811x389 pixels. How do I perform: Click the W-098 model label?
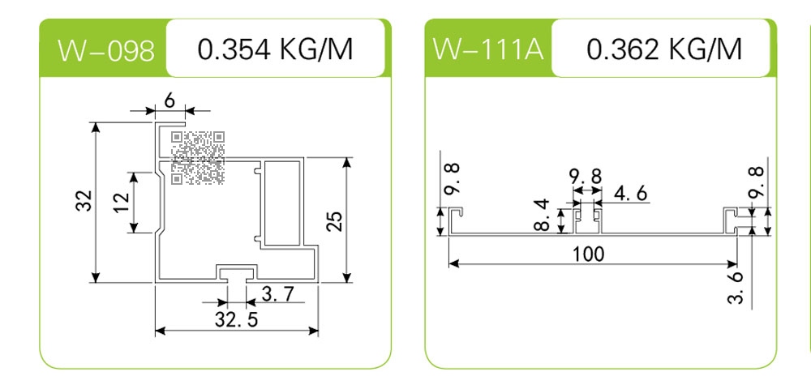point(106,50)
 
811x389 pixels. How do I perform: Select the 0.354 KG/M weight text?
point(275,49)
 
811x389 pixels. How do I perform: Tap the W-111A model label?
point(488,49)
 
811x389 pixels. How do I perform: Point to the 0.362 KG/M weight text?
point(664,49)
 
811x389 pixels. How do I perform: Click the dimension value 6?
point(169,100)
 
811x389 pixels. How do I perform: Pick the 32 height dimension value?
point(84,201)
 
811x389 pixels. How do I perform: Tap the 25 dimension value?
point(335,221)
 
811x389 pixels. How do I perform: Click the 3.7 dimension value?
point(278,294)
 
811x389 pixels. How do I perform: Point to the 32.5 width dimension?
point(236,320)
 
